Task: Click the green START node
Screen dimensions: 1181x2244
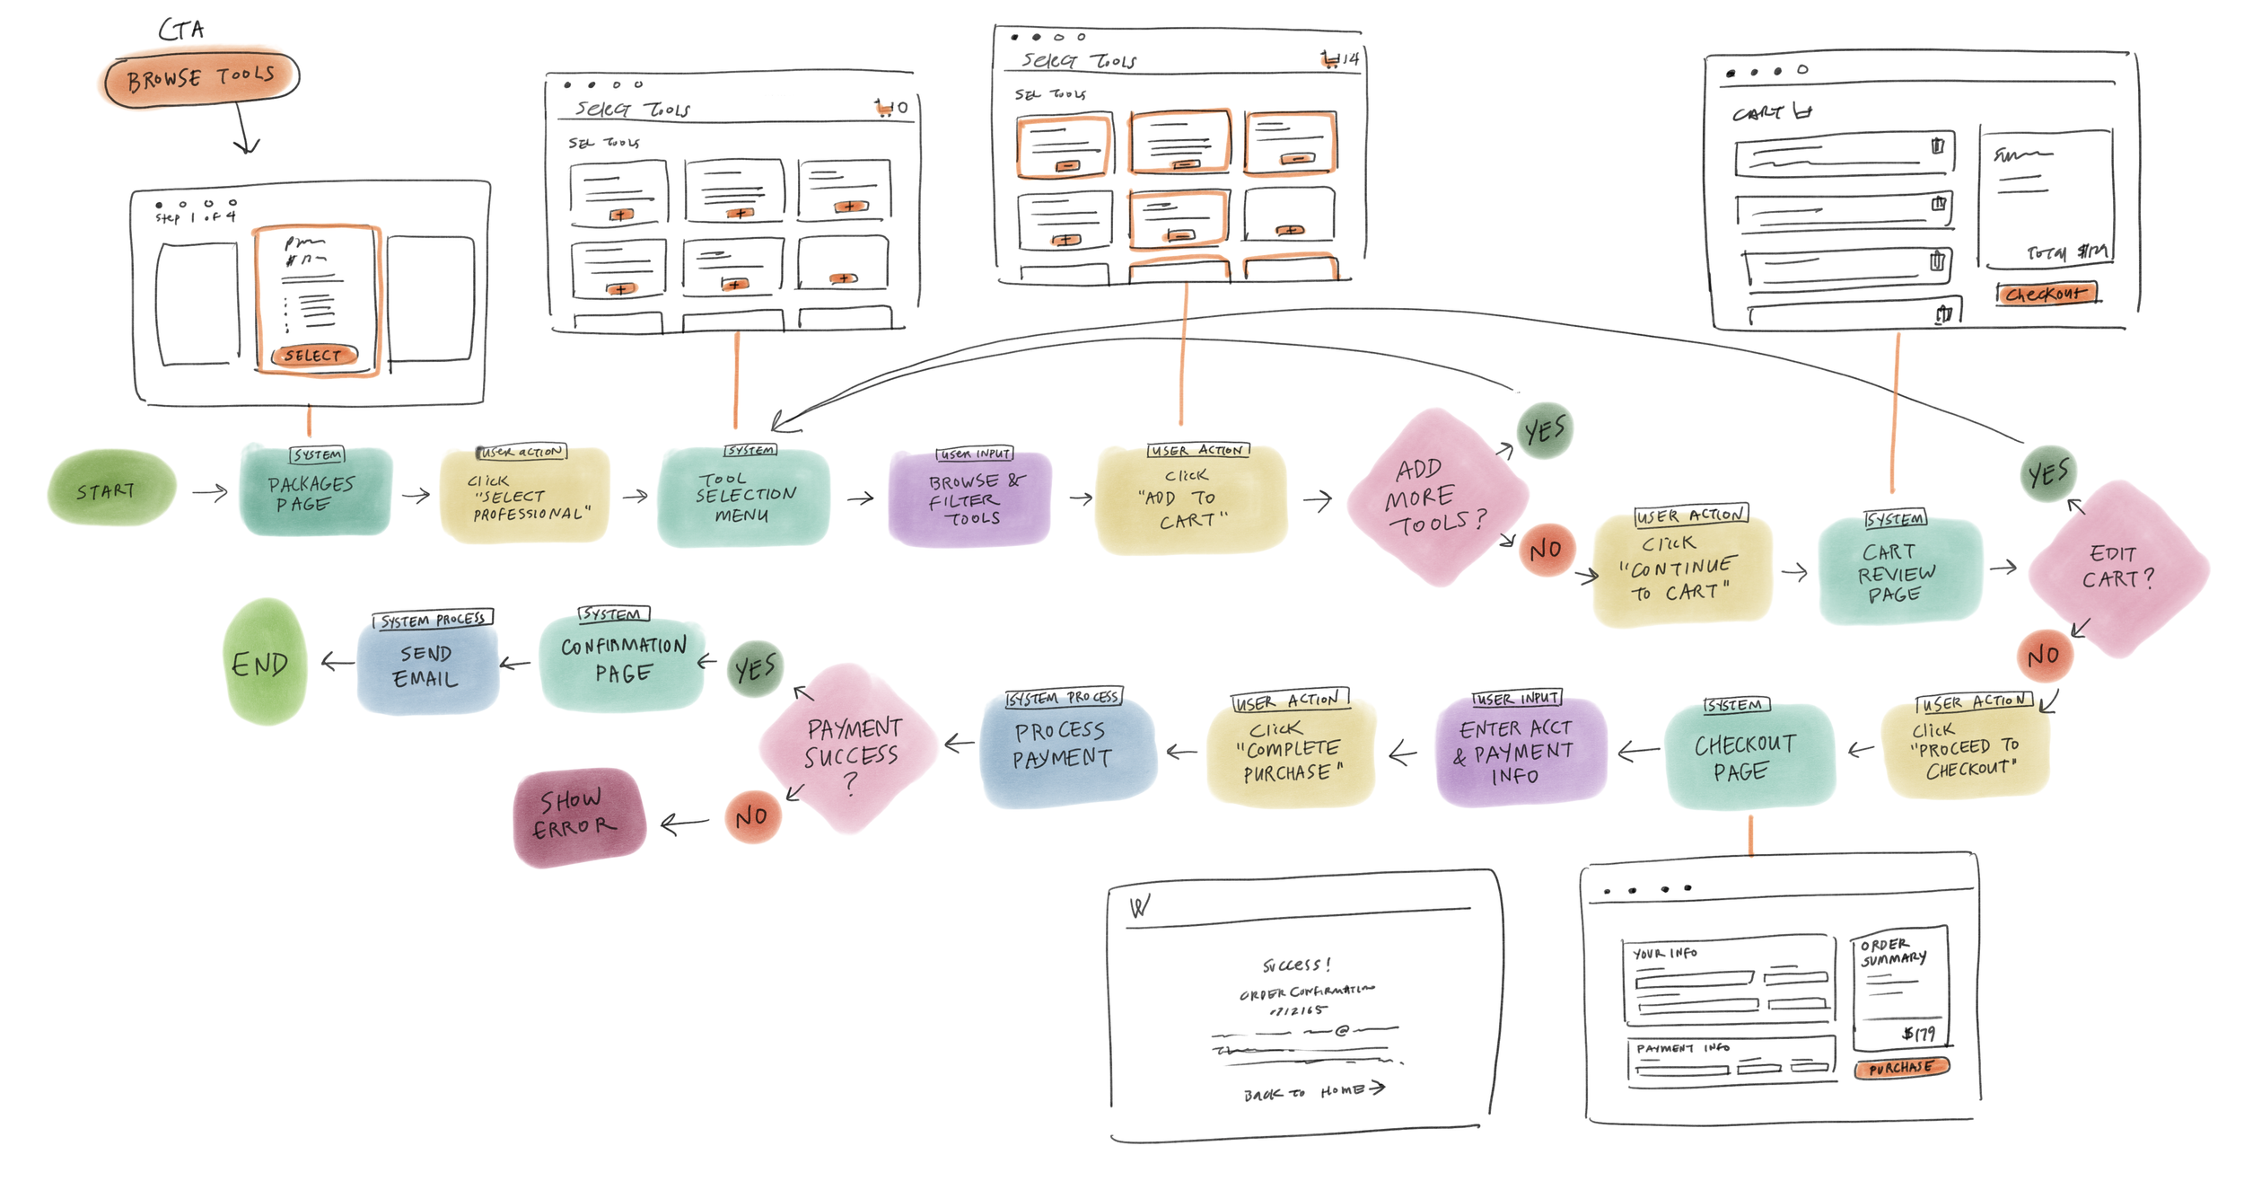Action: (x=110, y=489)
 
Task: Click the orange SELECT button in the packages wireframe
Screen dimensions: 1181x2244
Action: (x=314, y=356)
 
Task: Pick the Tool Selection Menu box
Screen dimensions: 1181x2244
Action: (x=743, y=498)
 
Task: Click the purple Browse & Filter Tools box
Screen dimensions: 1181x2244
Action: (x=969, y=499)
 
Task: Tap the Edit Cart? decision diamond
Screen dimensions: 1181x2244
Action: (x=2117, y=568)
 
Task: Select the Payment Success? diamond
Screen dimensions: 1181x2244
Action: (x=849, y=749)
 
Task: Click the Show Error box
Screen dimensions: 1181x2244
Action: (x=579, y=815)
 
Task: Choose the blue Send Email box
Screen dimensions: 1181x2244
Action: (x=427, y=666)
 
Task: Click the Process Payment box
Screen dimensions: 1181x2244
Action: (x=1065, y=746)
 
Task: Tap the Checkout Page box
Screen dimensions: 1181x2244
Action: (x=1747, y=756)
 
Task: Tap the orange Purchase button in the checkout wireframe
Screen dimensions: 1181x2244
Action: (x=1901, y=1068)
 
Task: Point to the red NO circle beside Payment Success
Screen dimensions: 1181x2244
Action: (x=752, y=816)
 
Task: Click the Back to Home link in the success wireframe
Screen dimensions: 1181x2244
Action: (x=1313, y=1091)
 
